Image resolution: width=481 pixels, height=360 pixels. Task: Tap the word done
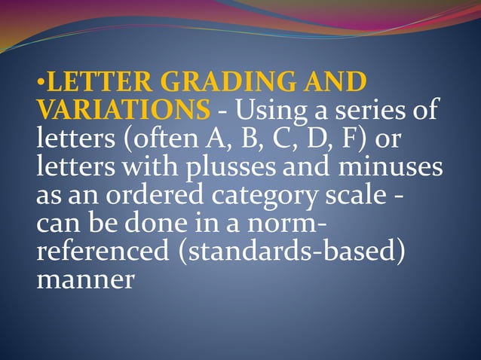[149, 222]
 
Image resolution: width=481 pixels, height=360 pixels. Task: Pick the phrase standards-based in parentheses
[290, 250]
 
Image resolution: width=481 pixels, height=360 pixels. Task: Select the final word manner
[85, 279]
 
